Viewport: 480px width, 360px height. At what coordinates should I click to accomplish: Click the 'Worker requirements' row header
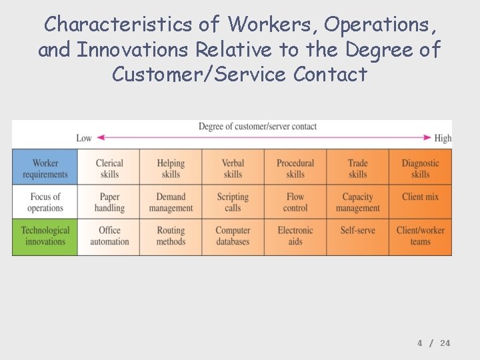pos(45,169)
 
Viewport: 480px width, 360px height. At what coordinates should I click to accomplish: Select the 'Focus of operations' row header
pos(45,202)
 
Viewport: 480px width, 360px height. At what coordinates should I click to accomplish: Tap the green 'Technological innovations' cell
pos(45,236)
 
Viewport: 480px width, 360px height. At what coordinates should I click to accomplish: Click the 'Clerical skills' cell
pos(109,169)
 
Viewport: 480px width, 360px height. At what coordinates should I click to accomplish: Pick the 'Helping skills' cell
pos(171,169)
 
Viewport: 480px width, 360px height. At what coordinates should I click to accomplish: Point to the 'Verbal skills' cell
pos(233,169)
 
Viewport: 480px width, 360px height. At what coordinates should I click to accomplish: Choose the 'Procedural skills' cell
pos(295,169)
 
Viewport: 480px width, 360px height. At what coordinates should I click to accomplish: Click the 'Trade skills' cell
pos(357,169)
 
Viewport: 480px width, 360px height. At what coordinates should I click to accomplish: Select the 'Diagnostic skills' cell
pos(420,169)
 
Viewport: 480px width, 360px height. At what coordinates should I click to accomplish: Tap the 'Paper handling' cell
pos(109,202)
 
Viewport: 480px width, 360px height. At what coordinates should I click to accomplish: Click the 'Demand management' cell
pos(171,202)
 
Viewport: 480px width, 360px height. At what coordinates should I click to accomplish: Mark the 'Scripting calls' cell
pos(233,202)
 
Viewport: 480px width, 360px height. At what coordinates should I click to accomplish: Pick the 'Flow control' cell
pos(295,202)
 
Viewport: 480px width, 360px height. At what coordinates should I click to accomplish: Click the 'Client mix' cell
pos(420,197)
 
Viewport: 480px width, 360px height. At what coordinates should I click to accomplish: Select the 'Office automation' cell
pos(109,236)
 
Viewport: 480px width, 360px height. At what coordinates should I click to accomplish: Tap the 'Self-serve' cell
pos(357,231)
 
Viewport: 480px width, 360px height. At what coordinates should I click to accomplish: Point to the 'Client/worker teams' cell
pos(420,236)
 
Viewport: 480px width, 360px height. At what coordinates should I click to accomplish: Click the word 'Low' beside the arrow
pos(84,138)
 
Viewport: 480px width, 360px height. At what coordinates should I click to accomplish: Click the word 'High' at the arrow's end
pos(443,138)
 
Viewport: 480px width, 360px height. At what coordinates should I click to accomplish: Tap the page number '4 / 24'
pos(434,343)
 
